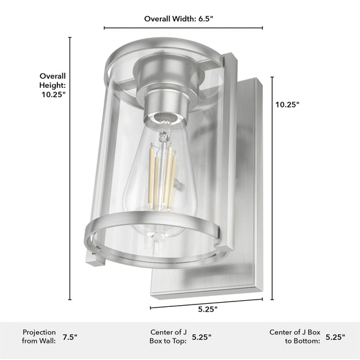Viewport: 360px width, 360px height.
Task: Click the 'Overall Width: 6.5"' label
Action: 179,19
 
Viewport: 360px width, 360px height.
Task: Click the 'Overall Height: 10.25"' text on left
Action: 52,85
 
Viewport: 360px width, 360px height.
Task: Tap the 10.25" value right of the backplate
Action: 287,104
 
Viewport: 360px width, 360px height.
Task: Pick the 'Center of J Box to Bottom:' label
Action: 295,336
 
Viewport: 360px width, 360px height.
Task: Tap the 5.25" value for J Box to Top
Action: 202,336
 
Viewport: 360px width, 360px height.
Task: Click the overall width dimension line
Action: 183,27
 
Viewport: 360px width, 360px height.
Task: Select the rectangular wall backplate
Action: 250,183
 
